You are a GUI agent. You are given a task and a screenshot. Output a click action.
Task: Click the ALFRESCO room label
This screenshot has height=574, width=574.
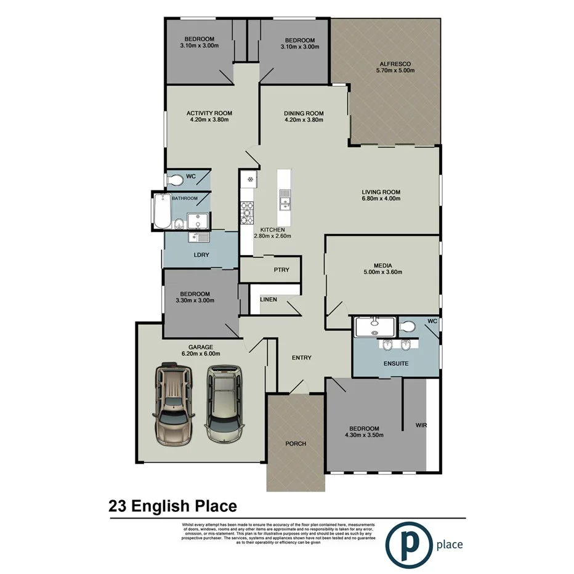[395, 64]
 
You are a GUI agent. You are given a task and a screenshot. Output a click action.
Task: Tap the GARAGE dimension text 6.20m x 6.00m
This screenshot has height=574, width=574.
[200, 354]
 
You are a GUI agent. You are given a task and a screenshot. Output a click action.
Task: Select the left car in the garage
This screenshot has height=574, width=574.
[174, 403]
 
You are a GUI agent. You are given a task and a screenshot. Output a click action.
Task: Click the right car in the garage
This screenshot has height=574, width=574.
[224, 403]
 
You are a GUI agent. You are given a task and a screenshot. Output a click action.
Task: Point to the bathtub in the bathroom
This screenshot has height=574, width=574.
[162, 211]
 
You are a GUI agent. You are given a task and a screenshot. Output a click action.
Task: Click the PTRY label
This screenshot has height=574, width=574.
[281, 270]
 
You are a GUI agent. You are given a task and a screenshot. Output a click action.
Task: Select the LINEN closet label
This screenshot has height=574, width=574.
[269, 300]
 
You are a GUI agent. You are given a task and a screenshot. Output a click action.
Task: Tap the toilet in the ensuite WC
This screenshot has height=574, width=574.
[407, 326]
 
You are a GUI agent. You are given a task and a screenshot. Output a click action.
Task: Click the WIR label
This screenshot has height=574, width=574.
[421, 425]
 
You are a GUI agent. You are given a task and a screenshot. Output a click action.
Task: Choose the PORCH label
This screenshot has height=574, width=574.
[295, 443]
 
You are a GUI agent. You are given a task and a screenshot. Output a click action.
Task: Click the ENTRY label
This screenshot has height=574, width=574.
[301, 358]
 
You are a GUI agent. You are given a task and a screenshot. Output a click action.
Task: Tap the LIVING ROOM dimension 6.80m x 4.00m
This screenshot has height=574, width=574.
[381, 199]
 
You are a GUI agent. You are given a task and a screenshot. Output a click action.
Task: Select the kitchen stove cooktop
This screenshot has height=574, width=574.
[248, 212]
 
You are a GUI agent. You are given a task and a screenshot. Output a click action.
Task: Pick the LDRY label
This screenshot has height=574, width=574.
[201, 255]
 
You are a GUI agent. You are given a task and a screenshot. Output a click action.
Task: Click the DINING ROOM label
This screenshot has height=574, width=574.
[304, 113]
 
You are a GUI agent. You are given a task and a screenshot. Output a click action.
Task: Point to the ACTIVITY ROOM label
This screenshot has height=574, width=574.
[209, 113]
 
